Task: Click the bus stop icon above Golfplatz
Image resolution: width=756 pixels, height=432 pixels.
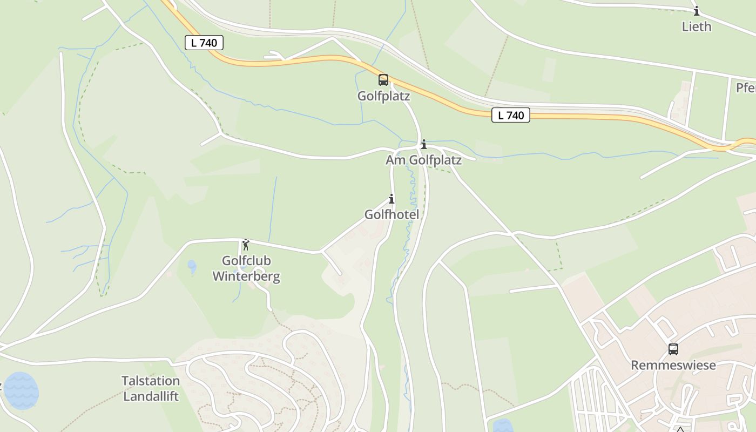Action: click(x=383, y=80)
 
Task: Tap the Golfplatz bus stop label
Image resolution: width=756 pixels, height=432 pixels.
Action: click(x=383, y=96)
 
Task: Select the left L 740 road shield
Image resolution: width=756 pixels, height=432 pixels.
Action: click(x=204, y=43)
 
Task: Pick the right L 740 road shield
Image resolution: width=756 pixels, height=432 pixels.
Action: click(x=510, y=115)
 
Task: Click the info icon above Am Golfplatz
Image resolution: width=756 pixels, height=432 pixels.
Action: click(x=424, y=144)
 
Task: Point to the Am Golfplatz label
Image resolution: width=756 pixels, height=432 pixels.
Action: click(x=423, y=160)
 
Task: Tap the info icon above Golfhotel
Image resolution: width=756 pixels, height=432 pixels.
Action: click(x=391, y=199)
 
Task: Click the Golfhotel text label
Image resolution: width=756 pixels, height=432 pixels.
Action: click(x=391, y=214)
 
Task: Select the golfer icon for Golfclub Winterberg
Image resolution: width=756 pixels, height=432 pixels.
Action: click(x=246, y=245)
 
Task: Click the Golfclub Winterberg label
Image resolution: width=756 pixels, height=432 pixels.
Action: click(x=246, y=268)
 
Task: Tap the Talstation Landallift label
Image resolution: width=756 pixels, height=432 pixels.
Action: click(x=151, y=388)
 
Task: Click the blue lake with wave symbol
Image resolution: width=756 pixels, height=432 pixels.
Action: click(x=21, y=390)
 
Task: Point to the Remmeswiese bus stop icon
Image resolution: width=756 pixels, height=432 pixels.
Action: click(x=673, y=349)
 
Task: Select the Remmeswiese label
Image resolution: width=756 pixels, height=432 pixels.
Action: click(x=673, y=365)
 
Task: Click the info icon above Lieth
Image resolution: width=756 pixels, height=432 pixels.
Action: click(x=697, y=11)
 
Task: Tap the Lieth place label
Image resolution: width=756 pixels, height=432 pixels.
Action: click(x=697, y=26)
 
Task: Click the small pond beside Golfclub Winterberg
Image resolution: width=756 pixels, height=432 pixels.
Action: click(x=192, y=266)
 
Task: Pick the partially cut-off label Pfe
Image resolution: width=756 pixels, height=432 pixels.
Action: click(x=746, y=87)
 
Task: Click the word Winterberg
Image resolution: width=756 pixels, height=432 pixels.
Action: click(x=246, y=276)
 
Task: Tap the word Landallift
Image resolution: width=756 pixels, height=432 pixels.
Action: click(x=151, y=396)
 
